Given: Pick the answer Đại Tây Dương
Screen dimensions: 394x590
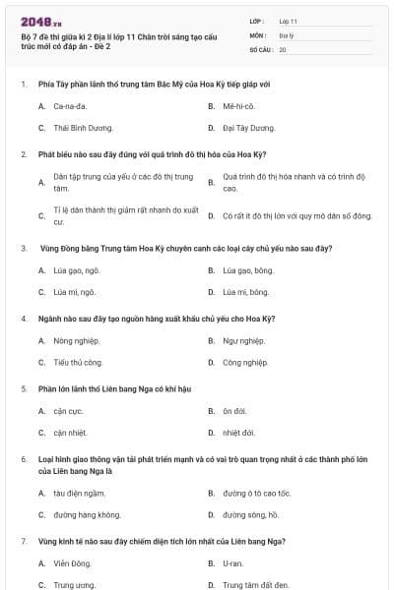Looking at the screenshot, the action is [x=248, y=128].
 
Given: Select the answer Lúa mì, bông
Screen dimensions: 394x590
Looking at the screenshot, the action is [x=245, y=292].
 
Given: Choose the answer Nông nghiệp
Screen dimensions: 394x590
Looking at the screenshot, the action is [x=78, y=341].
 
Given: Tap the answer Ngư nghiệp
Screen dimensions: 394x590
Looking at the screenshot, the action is [x=243, y=341].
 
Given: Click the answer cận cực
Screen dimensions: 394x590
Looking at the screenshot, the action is [x=68, y=412].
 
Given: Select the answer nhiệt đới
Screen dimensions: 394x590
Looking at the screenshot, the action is [x=239, y=434].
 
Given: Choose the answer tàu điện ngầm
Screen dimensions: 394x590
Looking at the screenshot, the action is [x=79, y=494].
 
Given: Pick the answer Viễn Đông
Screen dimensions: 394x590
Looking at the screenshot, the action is [x=72, y=564].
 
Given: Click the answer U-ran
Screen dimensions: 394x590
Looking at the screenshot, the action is [x=233, y=564].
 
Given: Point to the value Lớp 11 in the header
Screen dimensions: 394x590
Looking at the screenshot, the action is [x=288, y=21].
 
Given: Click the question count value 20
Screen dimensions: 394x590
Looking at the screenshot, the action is [x=283, y=48].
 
